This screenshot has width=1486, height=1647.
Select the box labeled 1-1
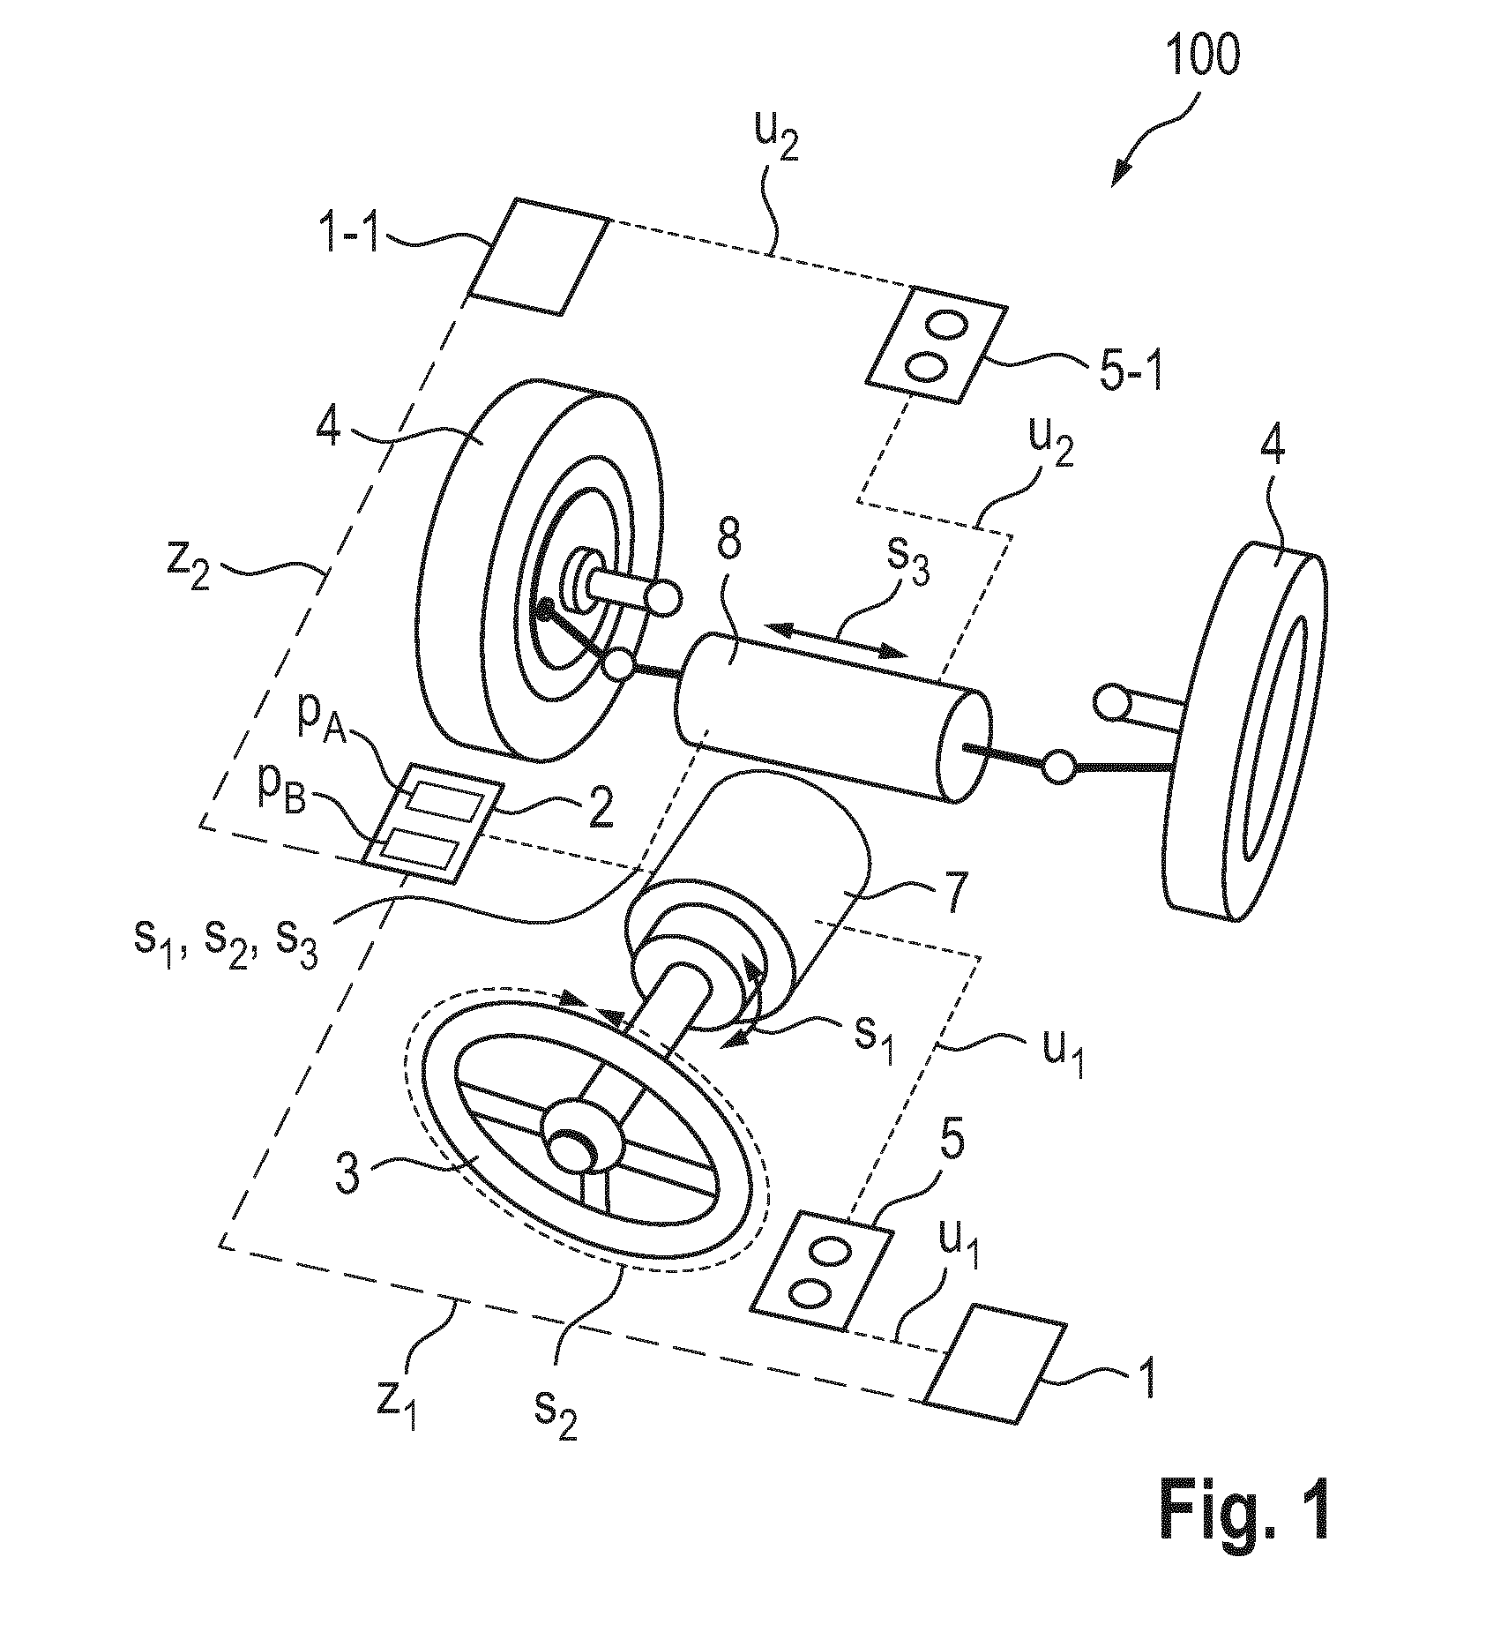539,256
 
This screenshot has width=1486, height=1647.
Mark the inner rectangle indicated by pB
422,851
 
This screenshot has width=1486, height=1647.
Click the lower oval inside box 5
811,1291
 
